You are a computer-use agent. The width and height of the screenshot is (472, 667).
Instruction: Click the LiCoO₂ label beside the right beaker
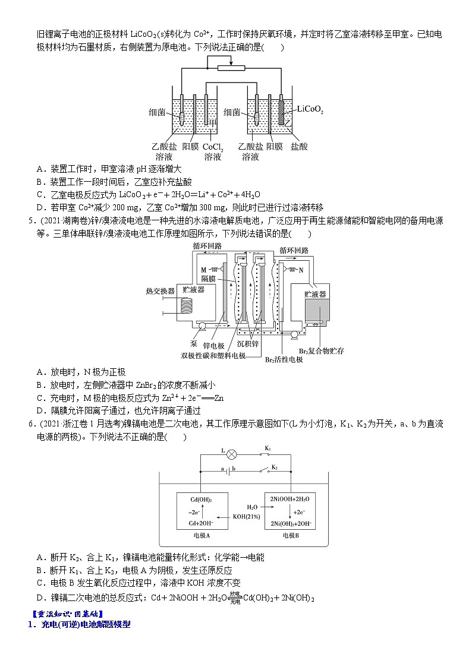point(310,109)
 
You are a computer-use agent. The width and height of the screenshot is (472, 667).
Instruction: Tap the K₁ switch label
point(268,448)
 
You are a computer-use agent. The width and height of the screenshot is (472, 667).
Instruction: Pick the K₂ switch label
point(275,467)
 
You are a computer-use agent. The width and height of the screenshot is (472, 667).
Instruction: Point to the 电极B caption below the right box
point(291,535)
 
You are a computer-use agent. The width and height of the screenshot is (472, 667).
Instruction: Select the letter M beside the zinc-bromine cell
point(203,270)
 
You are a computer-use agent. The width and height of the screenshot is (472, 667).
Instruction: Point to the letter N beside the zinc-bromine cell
point(301,270)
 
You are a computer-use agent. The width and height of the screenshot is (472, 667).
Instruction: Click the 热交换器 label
point(161,291)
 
